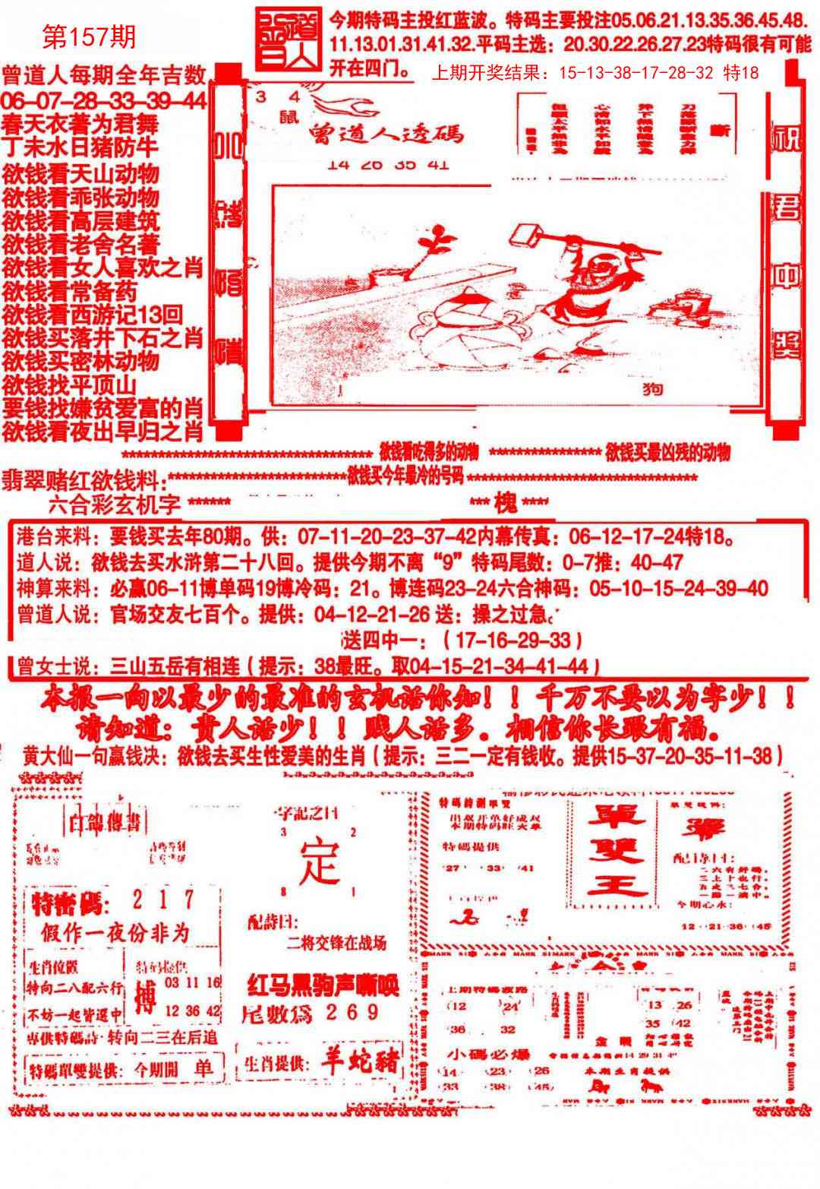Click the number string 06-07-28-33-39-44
point(104,101)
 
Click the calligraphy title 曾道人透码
point(386,134)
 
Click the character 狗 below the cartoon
point(652,390)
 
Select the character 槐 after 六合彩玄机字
point(506,503)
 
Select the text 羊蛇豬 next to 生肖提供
point(358,1064)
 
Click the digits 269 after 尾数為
point(351,1012)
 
